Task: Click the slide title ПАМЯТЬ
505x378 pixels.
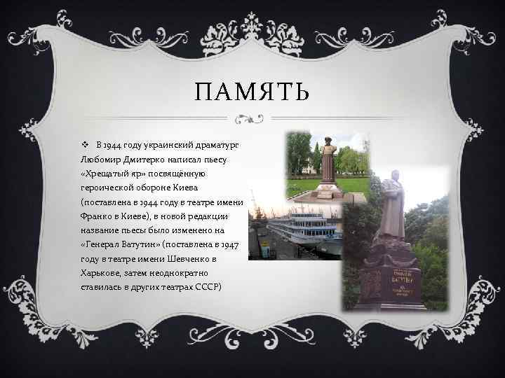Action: tap(252, 92)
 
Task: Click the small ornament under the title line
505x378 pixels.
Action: tap(252, 117)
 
